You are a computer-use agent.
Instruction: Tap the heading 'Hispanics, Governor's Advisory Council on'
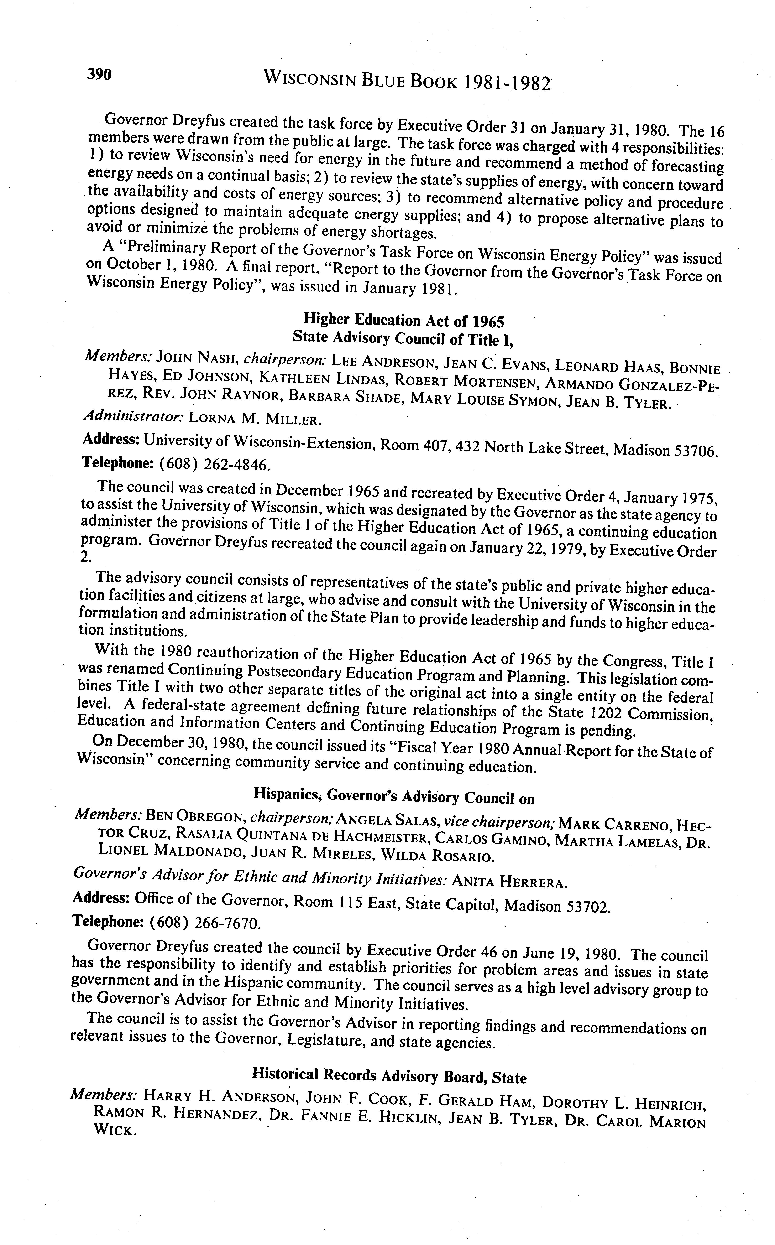[394, 797]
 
